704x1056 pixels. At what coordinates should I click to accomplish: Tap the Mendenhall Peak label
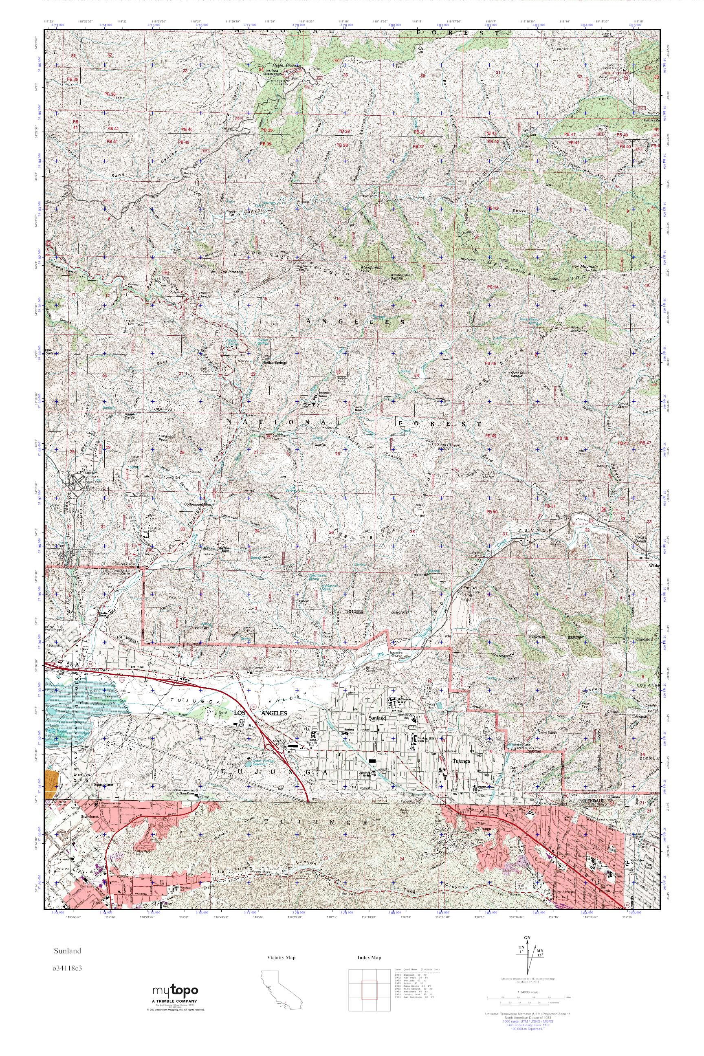coord(371,269)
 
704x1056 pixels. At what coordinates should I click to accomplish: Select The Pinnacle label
coord(233,272)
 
